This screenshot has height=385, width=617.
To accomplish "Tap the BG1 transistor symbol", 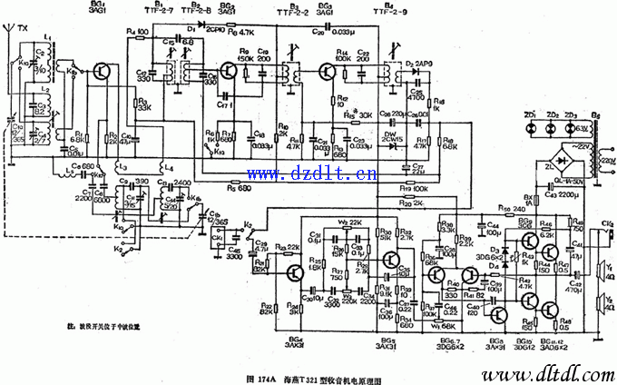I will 105,71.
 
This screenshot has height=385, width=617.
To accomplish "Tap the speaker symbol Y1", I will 602,270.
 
